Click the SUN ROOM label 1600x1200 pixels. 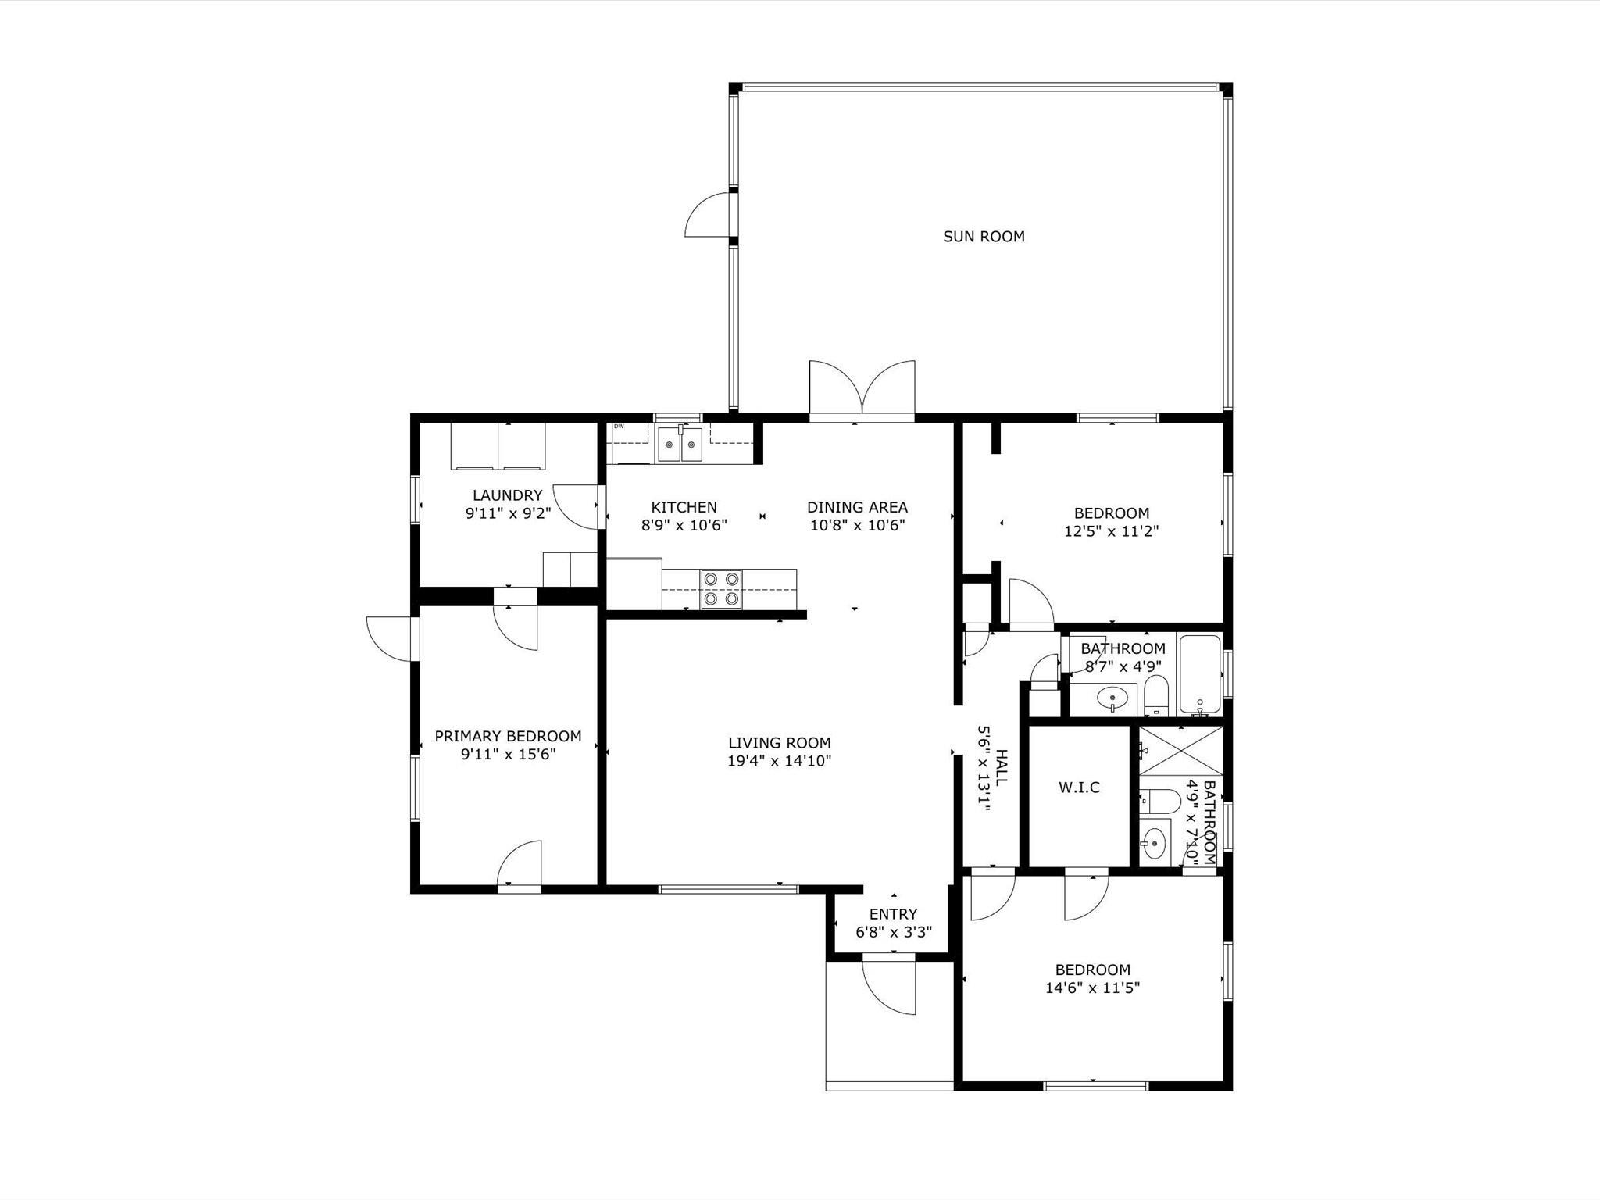point(984,237)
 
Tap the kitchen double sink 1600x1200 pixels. point(680,445)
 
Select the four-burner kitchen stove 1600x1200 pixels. point(721,589)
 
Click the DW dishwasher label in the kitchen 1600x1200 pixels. point(619,427)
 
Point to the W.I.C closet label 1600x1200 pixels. point(1079,787)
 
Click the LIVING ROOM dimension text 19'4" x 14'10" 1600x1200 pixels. point(779,761)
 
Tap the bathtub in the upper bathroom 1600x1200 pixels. point(1199,675)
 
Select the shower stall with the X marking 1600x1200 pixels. point(1180,751)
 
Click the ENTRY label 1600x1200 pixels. point(893,914)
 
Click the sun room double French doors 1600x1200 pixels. point(862,388)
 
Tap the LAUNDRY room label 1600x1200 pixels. point(507,495)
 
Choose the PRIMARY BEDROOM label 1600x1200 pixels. point(508,736)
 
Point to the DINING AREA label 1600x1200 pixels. point(857,507)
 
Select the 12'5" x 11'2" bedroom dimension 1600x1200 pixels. point(1111,531)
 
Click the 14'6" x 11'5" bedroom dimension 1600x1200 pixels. point(1092,987)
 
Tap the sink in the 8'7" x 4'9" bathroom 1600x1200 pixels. point(1111,697)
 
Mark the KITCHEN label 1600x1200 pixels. point(684,507)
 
